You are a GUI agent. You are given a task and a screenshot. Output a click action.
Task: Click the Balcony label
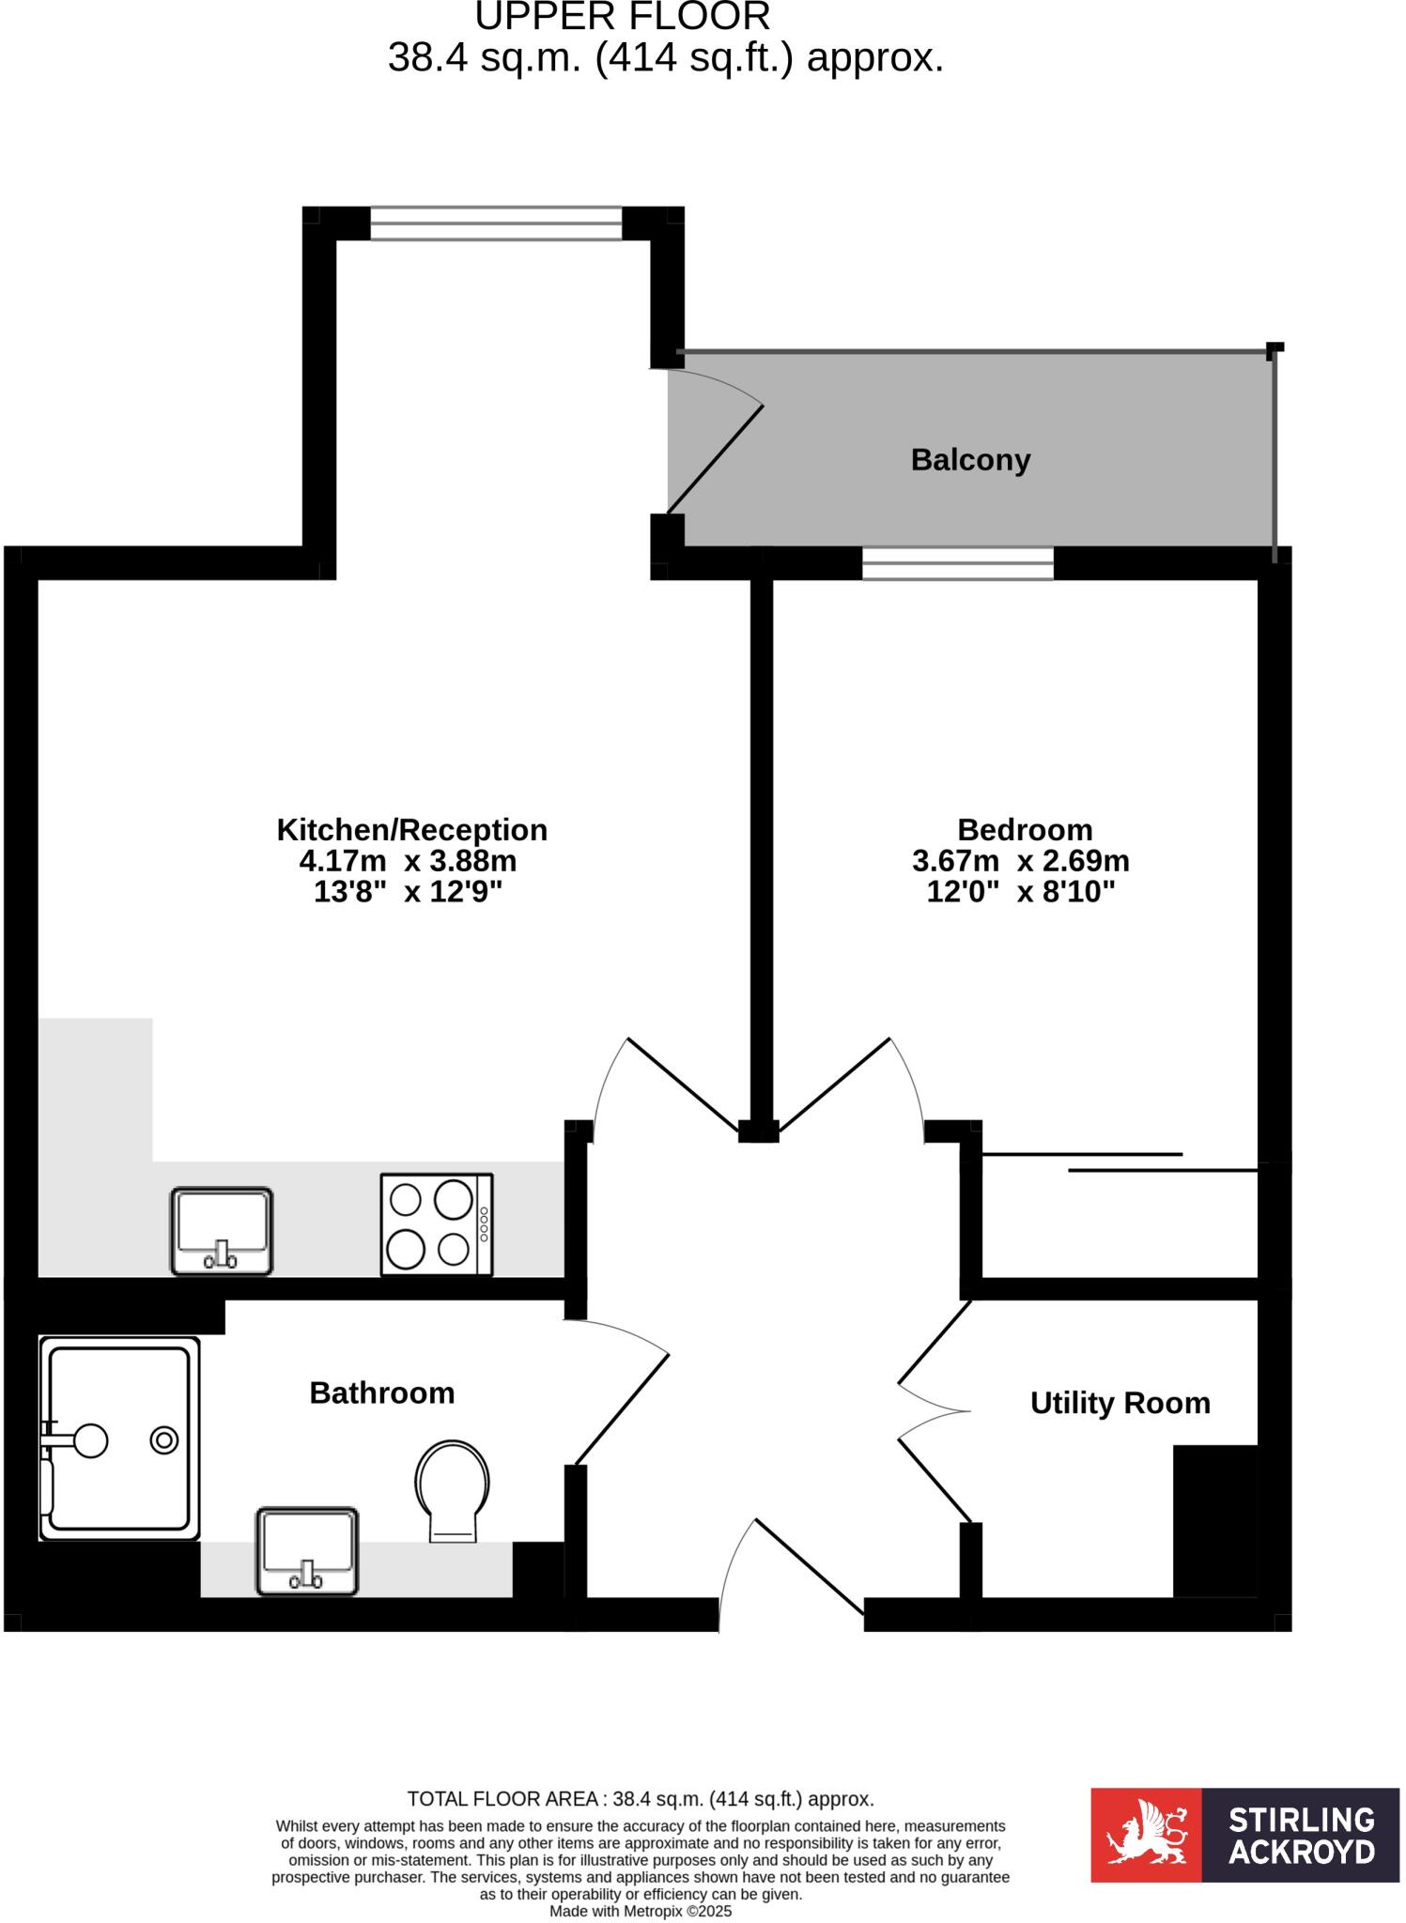tap(970, 460)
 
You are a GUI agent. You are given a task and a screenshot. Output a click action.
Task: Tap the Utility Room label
tap(1120, 1403)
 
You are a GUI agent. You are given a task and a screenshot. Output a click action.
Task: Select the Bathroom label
tap(381, 1392)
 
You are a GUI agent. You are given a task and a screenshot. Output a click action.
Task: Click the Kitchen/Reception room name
tap(411, 830)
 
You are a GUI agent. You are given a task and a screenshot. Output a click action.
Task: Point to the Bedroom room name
tap(1025, 830)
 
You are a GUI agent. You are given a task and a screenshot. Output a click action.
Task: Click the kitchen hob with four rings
tap(436, 1224)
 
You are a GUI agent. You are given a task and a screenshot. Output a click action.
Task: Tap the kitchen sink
tap(222, 1231)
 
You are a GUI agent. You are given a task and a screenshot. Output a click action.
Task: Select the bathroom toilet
tap(453, 1488)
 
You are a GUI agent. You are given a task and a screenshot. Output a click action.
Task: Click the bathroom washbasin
tap(307, 1550)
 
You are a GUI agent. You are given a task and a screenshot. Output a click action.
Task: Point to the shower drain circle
tap(164, 1440)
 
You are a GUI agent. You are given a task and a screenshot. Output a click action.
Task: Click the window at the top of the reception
tap(496, 223)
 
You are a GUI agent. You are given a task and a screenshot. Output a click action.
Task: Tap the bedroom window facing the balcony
tap(958, 563)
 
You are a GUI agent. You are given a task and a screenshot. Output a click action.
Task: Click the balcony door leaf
tap(715, 460)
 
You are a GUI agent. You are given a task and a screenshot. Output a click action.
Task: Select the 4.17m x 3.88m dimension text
tap(408, 861)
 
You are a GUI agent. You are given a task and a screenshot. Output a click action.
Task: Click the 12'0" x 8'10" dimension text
tap(1021, 891)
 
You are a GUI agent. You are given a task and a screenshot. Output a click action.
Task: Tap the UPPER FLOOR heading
tap(623, 17)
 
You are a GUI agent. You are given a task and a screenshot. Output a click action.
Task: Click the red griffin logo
tap(1146, 1835)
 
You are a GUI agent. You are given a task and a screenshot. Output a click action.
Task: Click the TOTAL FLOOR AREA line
tap(641, 1799)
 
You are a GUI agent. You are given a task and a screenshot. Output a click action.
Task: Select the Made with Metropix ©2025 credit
tap(641, 1911)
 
